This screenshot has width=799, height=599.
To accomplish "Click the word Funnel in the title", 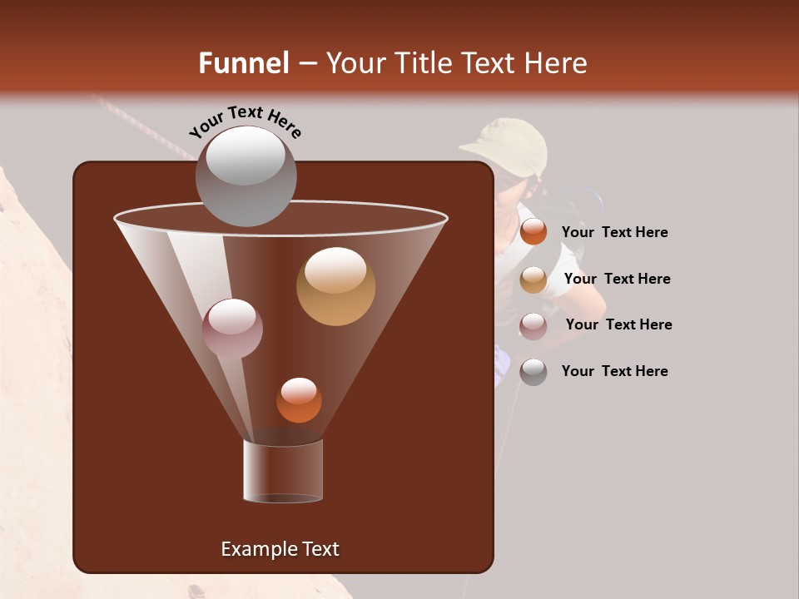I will pos(243,63).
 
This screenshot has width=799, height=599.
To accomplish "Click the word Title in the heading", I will pos(419,63).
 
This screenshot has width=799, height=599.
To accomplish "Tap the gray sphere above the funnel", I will pos(246,176).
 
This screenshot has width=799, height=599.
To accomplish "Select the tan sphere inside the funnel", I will pos(335,286).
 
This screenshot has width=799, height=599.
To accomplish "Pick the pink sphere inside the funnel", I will pos(232,328).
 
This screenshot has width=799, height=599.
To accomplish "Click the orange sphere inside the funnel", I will pos(299,400).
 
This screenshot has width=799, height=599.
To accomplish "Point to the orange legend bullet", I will pos(533,232).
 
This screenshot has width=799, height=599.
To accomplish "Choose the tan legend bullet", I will pos(533,280).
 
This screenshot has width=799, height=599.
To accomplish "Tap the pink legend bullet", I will pos(533,326).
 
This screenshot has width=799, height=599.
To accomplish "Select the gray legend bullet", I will pos(533,372).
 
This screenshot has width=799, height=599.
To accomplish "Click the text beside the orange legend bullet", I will pos(614,233).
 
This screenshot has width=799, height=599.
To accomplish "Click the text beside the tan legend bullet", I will pos(617,279).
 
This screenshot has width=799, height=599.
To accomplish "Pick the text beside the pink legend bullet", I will pos(618,324).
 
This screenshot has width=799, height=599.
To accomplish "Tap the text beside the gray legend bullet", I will pos(614,371).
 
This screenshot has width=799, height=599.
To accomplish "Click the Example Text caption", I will pos(280,549).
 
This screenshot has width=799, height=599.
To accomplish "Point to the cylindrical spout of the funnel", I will pos(282,471).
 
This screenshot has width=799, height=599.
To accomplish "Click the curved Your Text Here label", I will pos(245,121).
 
